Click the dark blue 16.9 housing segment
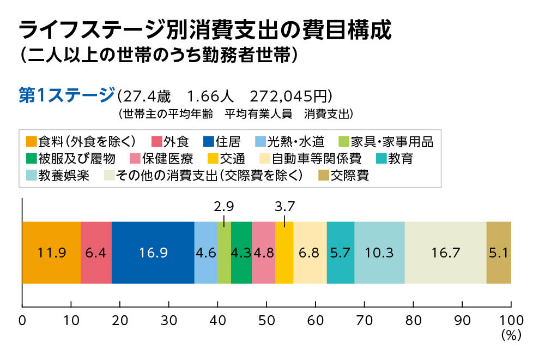(x=153, y=253)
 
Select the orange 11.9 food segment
(x=51, y=253)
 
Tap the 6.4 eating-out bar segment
(x=96, y=253)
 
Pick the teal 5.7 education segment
(x=341, y=253)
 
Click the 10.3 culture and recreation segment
(x=379, y=253)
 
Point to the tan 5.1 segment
(x=499, y=253)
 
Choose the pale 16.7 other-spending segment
(x=446, y=253)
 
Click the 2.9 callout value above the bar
(x=224, y=207)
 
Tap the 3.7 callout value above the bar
(x=284, y=207)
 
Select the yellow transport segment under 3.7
(x=284, y=253)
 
